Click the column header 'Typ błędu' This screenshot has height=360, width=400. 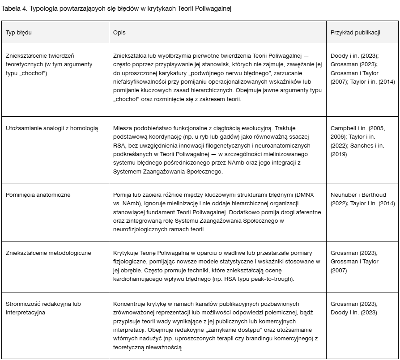click(x=18, y=33)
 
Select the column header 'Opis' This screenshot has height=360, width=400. click(x=119, y=33)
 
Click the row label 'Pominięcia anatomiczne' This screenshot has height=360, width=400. click(x=38, y=195)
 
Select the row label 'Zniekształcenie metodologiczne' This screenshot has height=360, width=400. click(x=48, y=253)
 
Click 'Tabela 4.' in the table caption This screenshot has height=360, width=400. click(x=14, y=8)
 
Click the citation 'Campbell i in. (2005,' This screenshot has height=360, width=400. click(x=357, y=128)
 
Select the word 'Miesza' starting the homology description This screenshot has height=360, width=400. click(x=123, y=128)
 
